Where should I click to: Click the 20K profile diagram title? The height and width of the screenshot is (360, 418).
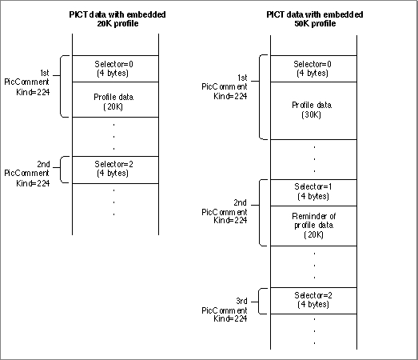[117, 18]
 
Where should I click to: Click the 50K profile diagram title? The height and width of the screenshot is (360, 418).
[315, 18]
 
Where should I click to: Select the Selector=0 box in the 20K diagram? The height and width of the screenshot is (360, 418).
[115, 69]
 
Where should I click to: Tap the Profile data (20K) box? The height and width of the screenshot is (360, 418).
[115, 99]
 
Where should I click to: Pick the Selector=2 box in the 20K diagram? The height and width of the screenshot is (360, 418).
[115, 170]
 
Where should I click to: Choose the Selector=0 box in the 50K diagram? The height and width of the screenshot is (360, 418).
[313, 69]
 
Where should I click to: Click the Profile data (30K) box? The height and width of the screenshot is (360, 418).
[313, 110]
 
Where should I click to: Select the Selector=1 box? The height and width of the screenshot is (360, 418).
[313, 193]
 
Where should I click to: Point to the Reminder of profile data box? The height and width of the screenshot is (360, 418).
[313, 226]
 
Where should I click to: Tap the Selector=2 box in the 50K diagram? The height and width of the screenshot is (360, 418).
[313, 301]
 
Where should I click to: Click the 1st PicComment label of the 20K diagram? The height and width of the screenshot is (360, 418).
[27, 82]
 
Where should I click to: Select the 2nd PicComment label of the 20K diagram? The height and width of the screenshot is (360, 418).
[27, 174]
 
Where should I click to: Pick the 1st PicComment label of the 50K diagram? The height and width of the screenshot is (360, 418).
[225, 87]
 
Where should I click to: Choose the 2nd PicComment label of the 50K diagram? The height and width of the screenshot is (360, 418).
[225, 212]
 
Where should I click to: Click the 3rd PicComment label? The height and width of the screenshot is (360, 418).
[225, 310]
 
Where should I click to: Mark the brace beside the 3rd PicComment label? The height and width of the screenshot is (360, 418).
[259, 302]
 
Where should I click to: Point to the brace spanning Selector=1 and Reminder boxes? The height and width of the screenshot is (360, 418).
[260, 213]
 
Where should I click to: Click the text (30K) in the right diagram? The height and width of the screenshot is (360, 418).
[311, 115]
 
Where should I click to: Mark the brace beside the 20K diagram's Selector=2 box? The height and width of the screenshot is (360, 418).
[61, 170]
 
